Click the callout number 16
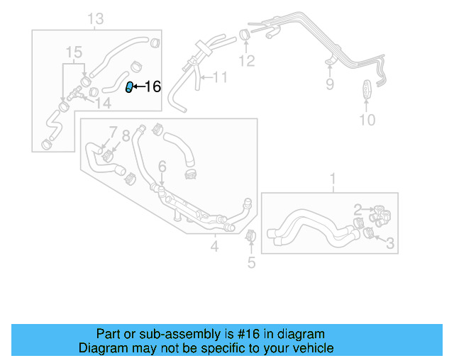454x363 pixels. coord(153,87)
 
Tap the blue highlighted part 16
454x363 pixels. coord(129,87)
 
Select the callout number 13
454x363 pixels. coord(96,18)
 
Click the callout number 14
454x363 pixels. coord(104,103)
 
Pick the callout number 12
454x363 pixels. coord(246,61)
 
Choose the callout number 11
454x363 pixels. coord(221,77)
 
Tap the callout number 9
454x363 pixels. coord(329,85)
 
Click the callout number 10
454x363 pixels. coord(367,120)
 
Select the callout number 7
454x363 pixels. coord(112,133)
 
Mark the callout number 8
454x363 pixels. coord(126,135)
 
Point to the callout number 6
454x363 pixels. coord(162,167)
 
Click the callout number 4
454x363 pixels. coord(214,247)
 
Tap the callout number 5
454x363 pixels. coord(250,264)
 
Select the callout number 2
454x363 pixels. coord(359,209)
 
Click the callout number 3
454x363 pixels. coord(389,243)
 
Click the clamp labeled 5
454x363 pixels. coord(250,236)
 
